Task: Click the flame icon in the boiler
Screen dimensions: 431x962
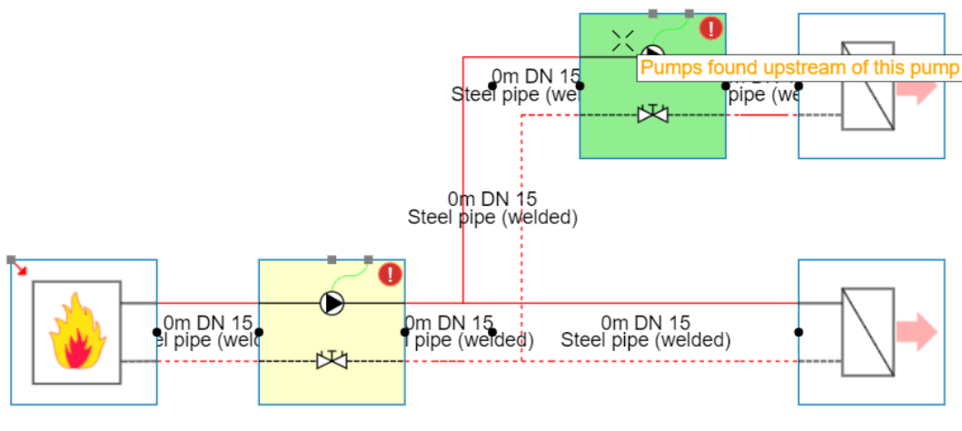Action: point(76,332)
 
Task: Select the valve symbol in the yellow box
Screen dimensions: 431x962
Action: point(332,360)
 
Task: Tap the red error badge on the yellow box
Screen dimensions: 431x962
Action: point(390,274)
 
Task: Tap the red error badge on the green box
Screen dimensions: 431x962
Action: point(710,28)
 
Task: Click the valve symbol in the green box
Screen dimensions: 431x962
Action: point(652,114)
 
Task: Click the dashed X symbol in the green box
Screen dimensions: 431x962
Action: point(622,39)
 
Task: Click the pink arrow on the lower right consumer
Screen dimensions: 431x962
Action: point(919,332)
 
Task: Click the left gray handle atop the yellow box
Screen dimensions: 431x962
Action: point(332,260)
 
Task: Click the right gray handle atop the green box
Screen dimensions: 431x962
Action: point(689,13)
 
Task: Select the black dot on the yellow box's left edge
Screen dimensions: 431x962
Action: point(259,332)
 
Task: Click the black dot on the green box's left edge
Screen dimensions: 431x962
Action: point(580,86)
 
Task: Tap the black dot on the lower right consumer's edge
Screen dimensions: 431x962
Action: point(798,332)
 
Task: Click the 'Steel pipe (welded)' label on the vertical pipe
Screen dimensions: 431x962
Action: point(492,217)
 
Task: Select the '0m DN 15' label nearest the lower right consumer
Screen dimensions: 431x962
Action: point(646,322)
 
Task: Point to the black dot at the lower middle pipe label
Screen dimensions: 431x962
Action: point(492,332)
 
